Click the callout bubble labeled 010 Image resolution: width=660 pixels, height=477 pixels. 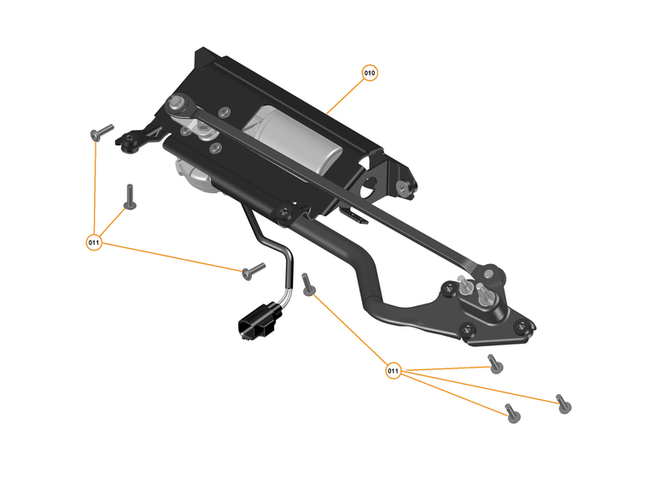click(x=370, y=73)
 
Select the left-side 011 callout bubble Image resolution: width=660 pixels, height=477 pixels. click(x=95, y=243)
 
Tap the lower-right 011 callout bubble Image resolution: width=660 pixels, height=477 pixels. click(x=393, y=371)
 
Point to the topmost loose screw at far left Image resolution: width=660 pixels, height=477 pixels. click(x=101, y=132)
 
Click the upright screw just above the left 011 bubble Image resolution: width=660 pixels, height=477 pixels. click(x=130, y=197)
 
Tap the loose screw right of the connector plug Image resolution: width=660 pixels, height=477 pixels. click(x=309, y=285)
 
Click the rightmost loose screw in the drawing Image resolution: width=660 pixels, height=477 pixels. click(x=562, y=403)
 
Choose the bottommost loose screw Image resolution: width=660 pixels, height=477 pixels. click(x=511, y=414)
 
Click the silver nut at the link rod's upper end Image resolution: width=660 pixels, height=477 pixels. click(x=179, y=103)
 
